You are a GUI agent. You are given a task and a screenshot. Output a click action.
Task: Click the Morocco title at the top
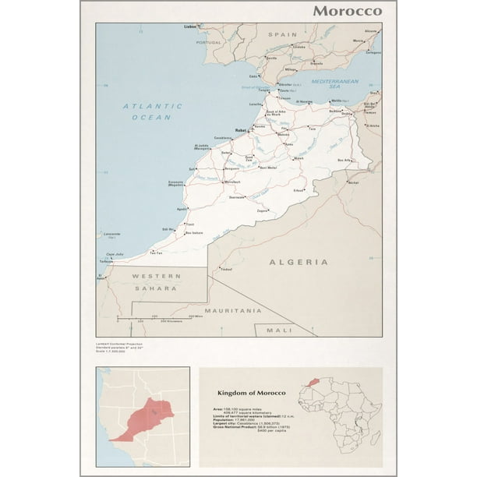tap(348, 11)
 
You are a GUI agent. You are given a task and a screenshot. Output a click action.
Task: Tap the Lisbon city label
tap(190, 27)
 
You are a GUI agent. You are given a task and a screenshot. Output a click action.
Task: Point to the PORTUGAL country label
tap(209, 42)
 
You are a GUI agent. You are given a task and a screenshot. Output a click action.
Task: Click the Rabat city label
tap(242, 131)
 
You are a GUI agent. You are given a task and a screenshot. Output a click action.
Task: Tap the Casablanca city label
tap(221, 138)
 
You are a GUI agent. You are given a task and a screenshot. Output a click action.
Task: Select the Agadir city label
tap(182, 209)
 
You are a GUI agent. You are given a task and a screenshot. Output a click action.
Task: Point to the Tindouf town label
tap(227, 270)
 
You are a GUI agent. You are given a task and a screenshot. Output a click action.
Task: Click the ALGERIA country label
tap(299, 263)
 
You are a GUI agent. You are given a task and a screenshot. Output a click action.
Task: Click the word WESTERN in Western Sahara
tap(156, 276)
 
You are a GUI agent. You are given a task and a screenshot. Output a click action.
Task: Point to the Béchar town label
tap(353, 182)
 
